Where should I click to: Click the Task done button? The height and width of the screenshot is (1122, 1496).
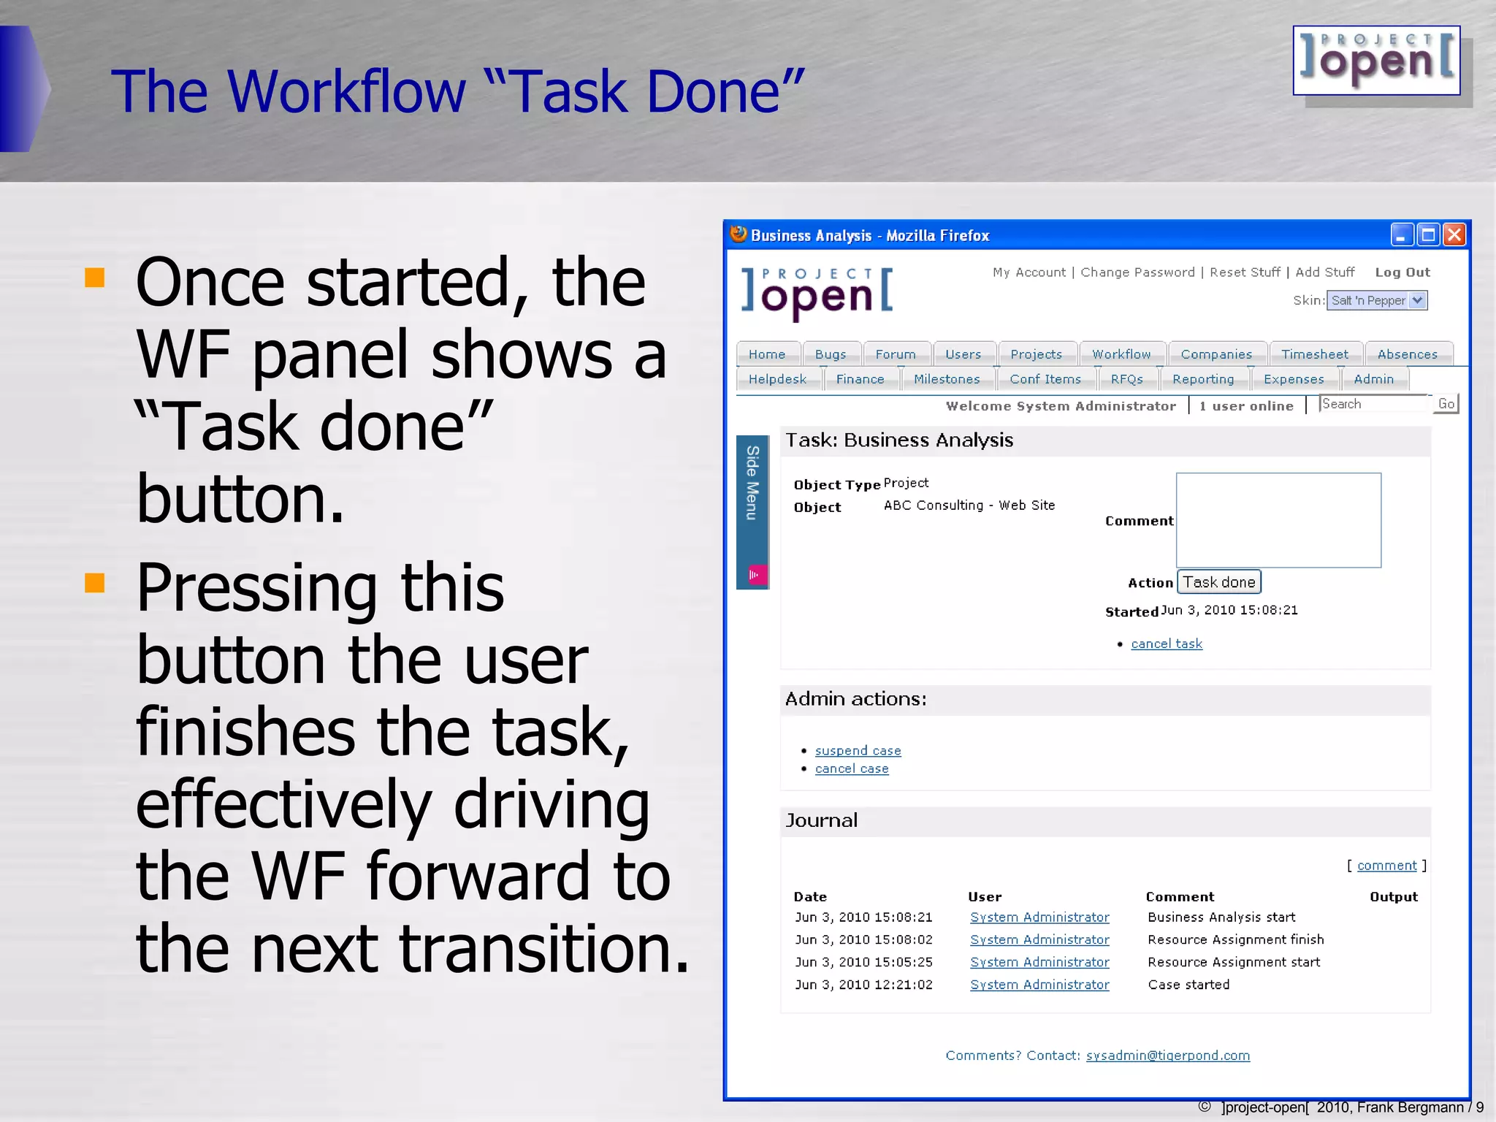(x=1218, y=582)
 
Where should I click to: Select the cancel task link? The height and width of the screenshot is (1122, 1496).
(x=1166, y=644)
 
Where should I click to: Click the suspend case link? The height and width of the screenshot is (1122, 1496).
(x=858, y=750)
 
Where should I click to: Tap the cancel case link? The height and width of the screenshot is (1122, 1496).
(x=852, y=768)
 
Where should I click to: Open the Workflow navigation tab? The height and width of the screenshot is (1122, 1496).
(x=1121, y=354)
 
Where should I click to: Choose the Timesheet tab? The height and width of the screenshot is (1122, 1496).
(x=1314, y=354)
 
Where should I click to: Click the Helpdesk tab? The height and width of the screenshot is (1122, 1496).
(x=777, y=379)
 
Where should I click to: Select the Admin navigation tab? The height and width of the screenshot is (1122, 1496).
(x=1373, y=379)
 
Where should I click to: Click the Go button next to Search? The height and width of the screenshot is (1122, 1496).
(x=1446, y=404)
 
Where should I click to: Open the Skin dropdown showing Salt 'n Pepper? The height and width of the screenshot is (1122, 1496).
(x=1376, y=300)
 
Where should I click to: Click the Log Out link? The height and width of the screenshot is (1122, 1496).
(x=1402, y=272)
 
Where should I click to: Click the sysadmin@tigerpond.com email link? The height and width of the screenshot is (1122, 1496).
(x=1167, y=1056)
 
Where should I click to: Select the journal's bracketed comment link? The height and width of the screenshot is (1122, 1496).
(x=1386, y=866)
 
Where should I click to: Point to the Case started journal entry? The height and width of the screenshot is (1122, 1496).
(x=1188, y=985)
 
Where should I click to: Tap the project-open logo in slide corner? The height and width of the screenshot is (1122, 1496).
(x=1376, y=61)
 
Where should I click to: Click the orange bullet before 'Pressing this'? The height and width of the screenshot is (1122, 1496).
(x=95, y=582)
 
